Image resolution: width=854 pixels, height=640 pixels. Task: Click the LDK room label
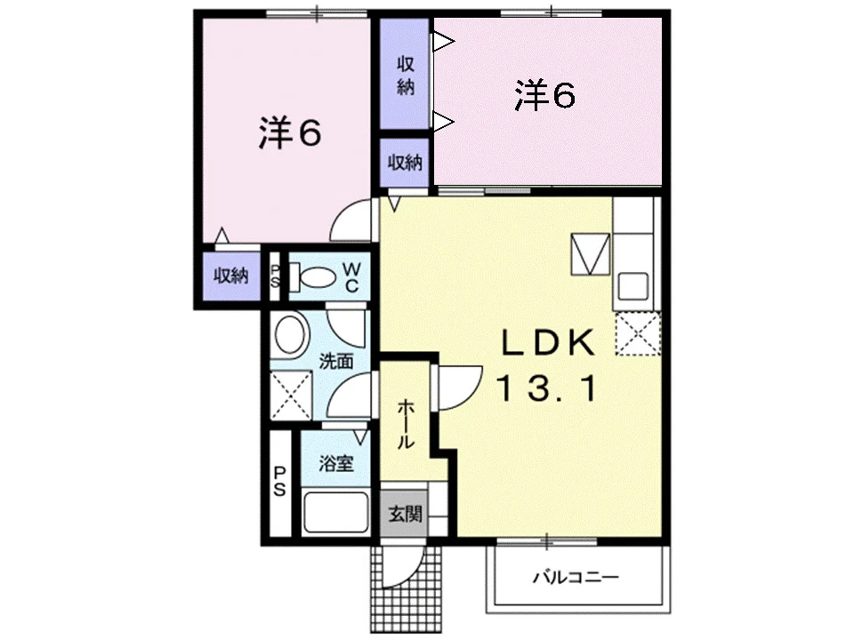point(547,343)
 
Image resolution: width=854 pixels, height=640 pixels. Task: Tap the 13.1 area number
point(547,389)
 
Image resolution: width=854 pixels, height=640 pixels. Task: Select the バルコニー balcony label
point(576,577)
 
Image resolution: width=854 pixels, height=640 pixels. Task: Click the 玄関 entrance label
point(406,514)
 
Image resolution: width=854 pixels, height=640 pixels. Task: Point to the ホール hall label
point(406,425)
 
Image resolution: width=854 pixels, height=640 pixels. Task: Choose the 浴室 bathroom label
point(336,463)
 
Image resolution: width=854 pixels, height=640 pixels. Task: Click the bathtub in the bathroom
point(335,512)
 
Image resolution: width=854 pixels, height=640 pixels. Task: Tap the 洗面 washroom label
point(336,361)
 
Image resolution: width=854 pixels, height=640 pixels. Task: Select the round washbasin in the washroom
point(290,335)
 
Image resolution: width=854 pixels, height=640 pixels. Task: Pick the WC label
point(352,277)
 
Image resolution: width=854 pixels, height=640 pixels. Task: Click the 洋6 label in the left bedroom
point(290,132)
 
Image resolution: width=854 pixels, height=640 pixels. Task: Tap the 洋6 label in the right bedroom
point(545,95)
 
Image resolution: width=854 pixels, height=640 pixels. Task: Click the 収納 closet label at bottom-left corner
point(231,276)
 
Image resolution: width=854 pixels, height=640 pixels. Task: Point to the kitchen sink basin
point(632,285)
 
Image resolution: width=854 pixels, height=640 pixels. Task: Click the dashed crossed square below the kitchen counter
point(638,333)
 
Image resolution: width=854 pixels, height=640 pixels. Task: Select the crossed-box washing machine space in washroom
point(291,395)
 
